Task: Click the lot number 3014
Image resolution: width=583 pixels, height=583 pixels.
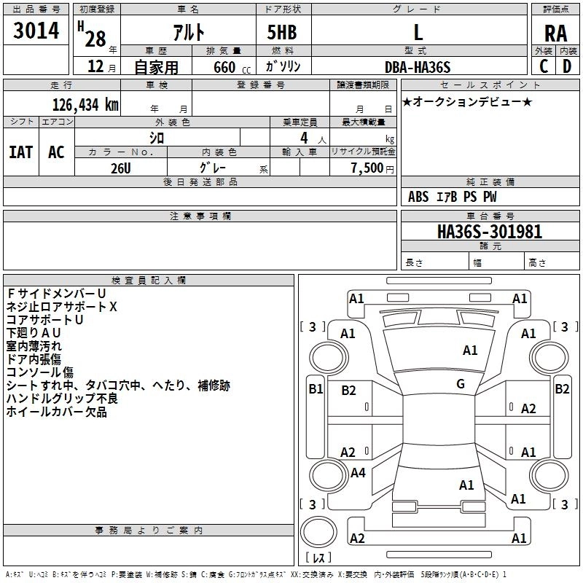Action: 36,31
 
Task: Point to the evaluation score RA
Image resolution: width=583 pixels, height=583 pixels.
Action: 555,33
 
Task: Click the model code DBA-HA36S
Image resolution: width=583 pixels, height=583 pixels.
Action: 418,66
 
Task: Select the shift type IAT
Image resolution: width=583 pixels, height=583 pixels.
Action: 20,152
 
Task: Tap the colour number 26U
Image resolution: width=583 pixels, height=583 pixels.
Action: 121,167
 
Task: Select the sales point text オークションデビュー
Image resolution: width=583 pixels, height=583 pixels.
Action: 467,101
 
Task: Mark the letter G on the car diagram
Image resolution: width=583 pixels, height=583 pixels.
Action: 461,384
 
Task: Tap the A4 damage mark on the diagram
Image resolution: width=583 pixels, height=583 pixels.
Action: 358,473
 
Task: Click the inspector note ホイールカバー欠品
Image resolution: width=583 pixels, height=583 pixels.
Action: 57,412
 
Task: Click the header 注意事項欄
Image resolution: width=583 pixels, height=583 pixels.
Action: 200,216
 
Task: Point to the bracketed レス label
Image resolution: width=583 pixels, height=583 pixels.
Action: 318,558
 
